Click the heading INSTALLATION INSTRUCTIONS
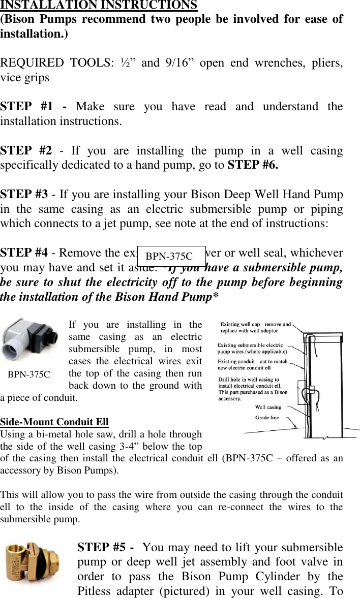coord(99,6)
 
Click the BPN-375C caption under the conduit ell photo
coord(29,374)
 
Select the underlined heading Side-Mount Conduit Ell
coord(54,422)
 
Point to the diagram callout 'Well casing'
coord(268,406)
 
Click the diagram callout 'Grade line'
coord(267,417)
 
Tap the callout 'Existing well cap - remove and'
coord(256,324)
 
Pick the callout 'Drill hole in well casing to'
coord(249,380)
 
